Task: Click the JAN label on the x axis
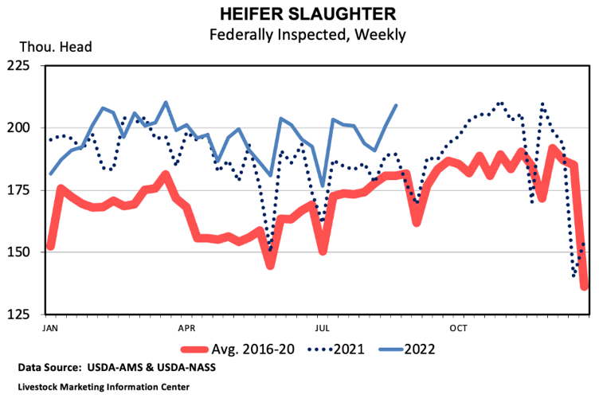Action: (x=50, y=327)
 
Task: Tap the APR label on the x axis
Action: (x=187, y=327)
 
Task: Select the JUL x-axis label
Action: (x=323, y=327)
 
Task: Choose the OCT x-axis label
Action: (x=459, y=327)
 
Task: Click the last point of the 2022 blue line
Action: (x=397, y=105)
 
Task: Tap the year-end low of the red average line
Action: (x=585, y=287)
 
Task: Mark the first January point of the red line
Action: (x=50, y=247)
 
